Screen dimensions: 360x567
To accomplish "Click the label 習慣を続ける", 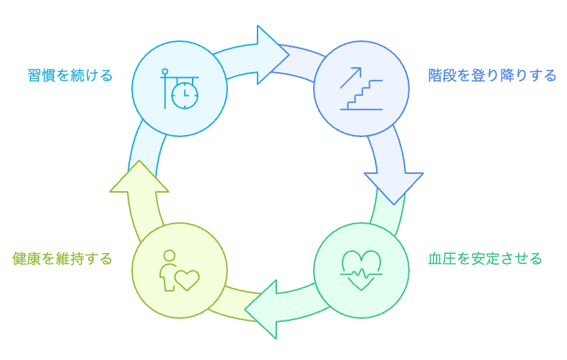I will click(x=71, y=75).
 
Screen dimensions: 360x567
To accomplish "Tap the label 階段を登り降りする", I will click(x=492, y=75).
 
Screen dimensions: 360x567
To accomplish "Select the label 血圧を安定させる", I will click(x=485, y=258).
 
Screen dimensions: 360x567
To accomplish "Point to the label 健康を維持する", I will click(x=63, y=258).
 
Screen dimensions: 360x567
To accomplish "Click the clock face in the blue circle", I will click(x=185, y=95).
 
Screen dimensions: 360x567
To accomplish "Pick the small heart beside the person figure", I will click(x=188, y=279).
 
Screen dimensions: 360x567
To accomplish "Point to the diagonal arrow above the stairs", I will click(x=351, y=77).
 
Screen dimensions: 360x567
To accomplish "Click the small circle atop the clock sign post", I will click(x=165, y=71).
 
